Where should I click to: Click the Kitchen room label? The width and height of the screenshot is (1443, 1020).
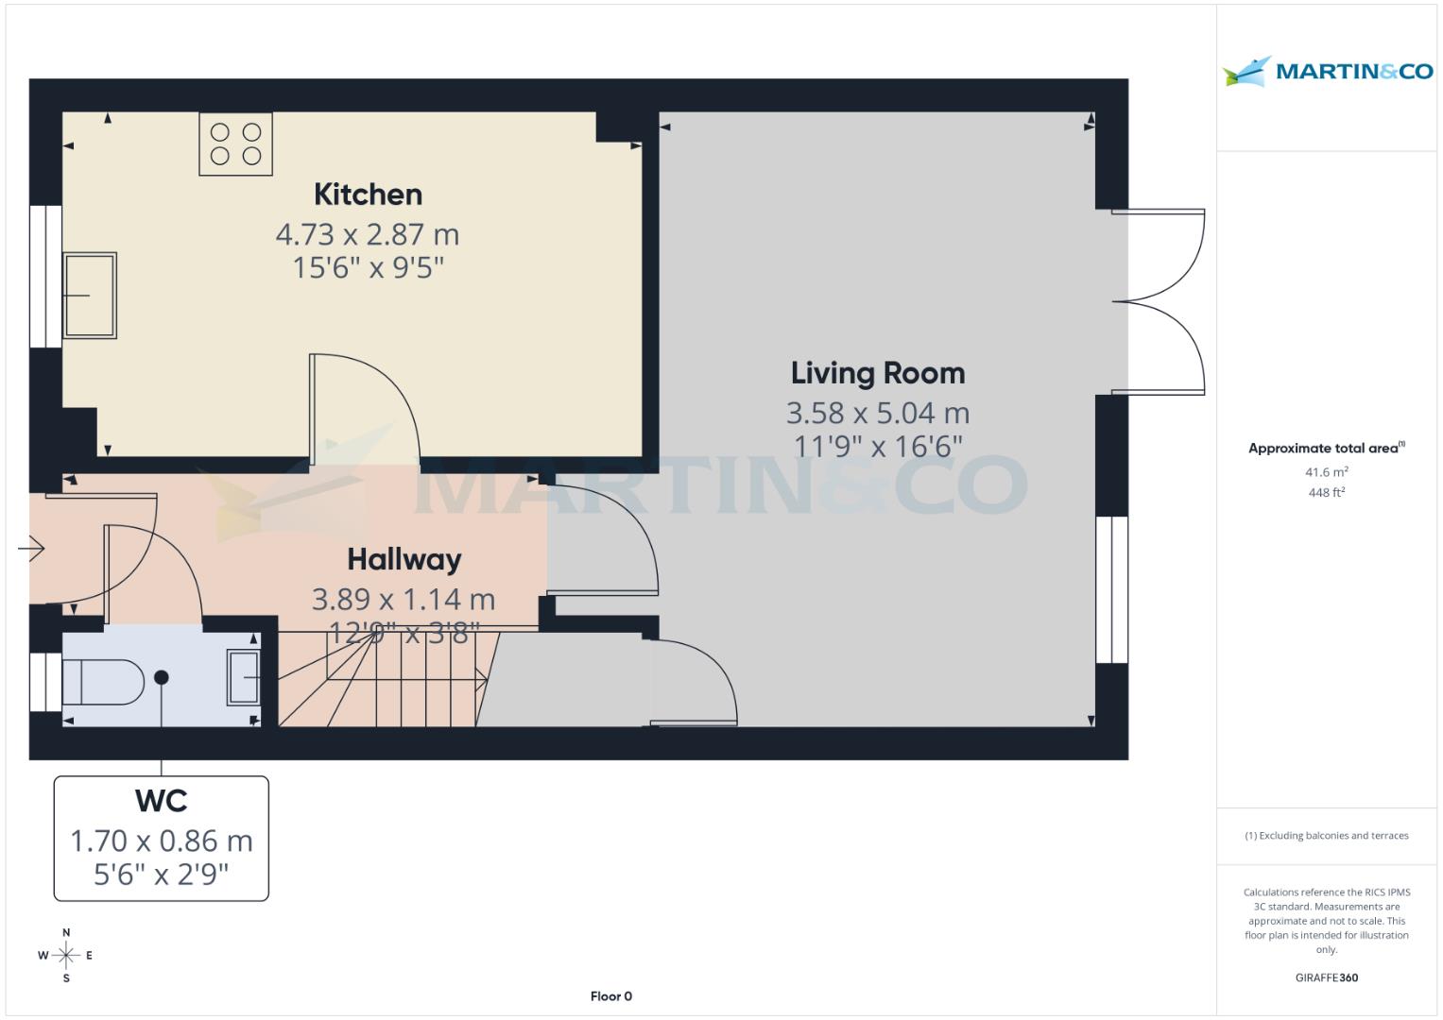point(368,195)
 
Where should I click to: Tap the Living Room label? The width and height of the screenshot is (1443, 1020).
point(878,373)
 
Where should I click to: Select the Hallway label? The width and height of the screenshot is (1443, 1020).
point(404,559)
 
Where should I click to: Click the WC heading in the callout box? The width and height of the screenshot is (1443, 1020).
point(162,801)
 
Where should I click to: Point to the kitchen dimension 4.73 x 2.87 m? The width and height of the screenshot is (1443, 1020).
point(368,233)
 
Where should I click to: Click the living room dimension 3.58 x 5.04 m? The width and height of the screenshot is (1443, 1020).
point(878,413)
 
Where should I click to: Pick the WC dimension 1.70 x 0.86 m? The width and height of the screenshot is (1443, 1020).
point(162,840)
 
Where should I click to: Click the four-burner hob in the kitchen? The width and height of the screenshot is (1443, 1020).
point(235,144)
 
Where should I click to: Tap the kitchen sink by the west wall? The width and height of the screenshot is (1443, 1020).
point(90,295)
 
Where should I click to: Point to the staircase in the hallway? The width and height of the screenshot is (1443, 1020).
point(397,678)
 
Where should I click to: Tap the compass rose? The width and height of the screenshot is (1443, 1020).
point(66,956)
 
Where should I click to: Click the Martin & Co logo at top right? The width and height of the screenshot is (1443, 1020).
point(1327,72)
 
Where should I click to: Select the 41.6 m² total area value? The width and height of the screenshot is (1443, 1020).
point(1326,472)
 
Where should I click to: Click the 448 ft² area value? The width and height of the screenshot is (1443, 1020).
point(1326,492)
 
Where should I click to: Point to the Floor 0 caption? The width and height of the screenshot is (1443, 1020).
point(610,996)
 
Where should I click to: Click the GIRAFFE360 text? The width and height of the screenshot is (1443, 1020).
point(1326,977)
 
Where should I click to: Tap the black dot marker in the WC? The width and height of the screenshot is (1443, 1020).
point(162,677)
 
